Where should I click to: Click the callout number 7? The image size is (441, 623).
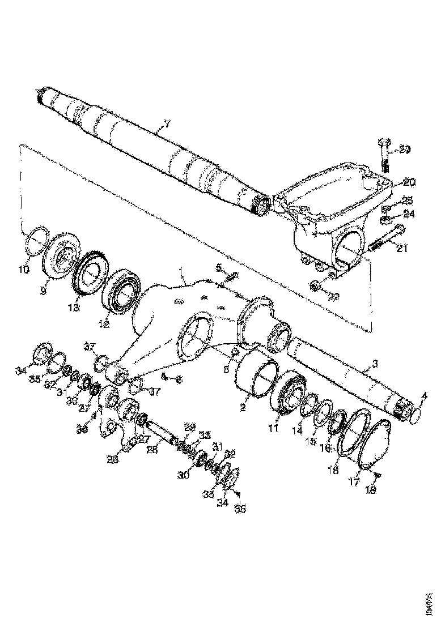[x=167, y=124]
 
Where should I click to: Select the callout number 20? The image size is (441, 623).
[x=409, y=182]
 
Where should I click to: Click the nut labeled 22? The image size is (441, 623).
[x=315, y=284]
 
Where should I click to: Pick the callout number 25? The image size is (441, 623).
[x=408, y=200]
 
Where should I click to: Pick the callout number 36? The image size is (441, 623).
[x=240, y=508]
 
